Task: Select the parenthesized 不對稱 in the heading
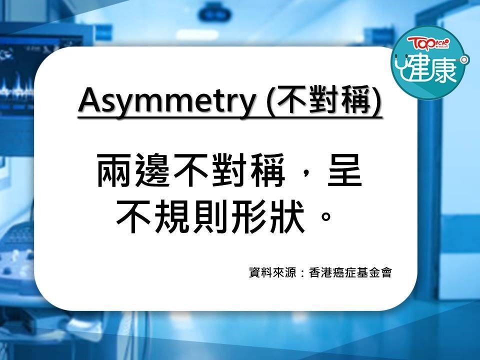pos(325,100)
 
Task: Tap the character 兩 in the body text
pos(115,170)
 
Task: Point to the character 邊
pos(153,170)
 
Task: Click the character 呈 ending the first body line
pos(344,170)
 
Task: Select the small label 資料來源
pos(272,272)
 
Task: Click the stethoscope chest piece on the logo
pos(464,59)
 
